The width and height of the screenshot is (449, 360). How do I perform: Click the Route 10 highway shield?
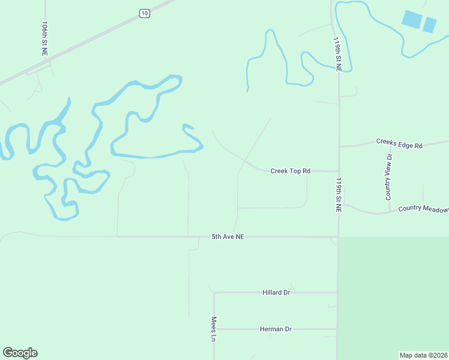pos(144,13)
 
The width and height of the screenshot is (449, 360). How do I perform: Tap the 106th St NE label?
pos(45,39)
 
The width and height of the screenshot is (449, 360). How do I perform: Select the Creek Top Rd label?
pos(290,171)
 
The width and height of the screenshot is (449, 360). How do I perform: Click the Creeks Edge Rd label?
pos(399,145)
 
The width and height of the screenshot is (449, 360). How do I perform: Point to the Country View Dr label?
pos(389,177)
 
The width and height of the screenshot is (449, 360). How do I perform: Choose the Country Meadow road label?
pos(423,209)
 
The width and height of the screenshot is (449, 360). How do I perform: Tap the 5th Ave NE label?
pos(228,237)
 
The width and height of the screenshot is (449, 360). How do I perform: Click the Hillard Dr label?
pos(276,292)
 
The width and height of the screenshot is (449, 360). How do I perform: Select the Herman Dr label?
pos(276,329)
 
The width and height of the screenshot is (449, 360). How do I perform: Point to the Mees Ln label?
pos(213,329)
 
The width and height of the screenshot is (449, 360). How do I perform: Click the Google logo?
pos(20,353)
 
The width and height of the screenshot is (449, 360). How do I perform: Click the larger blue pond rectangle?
pos(412,19)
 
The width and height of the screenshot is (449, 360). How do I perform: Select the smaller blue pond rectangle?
pos(429,25)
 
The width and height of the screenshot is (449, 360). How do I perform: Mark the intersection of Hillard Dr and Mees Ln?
pos(214,293)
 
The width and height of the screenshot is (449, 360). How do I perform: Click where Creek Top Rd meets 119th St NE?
pos(338,171)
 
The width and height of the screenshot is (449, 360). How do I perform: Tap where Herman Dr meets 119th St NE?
pos(337,329)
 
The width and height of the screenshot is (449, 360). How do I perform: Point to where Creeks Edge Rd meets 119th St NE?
pos(339,146)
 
